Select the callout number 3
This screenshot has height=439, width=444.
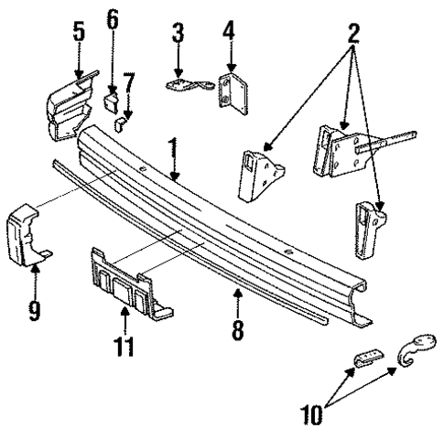[x=178, y=34]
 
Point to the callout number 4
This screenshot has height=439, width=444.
[x=228, y=34]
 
